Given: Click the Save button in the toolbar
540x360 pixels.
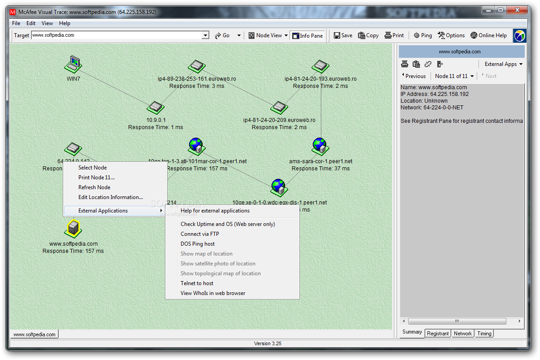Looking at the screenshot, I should click(x=343, y=35).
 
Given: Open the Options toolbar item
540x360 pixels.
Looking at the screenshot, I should click(x=451, y=35).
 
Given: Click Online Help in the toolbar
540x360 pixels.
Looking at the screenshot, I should click(x=488, y=35).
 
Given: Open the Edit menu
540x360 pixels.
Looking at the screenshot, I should click(x=31, y=23).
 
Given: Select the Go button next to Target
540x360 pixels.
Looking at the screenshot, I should click(x=222, y=35).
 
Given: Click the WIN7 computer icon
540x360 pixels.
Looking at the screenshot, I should click(x=73, y=65).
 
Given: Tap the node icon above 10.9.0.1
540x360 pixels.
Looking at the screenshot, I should click(x=156, y=107).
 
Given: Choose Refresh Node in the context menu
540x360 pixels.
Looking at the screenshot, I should click(x=94, y=187).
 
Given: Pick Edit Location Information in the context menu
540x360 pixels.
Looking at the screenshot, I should click(x=110, y=197).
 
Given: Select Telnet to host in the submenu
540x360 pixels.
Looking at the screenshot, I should click(x=197, y=283).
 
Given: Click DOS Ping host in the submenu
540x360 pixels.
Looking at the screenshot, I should click(x=198, y=244).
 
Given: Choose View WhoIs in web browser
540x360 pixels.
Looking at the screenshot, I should click(x=213, y=293).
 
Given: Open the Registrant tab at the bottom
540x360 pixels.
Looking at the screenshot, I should click(x=438, y=334).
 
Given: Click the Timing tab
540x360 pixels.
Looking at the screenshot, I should click(x=484, y=334).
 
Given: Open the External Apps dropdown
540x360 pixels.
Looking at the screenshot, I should click(x=503, y=64).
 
